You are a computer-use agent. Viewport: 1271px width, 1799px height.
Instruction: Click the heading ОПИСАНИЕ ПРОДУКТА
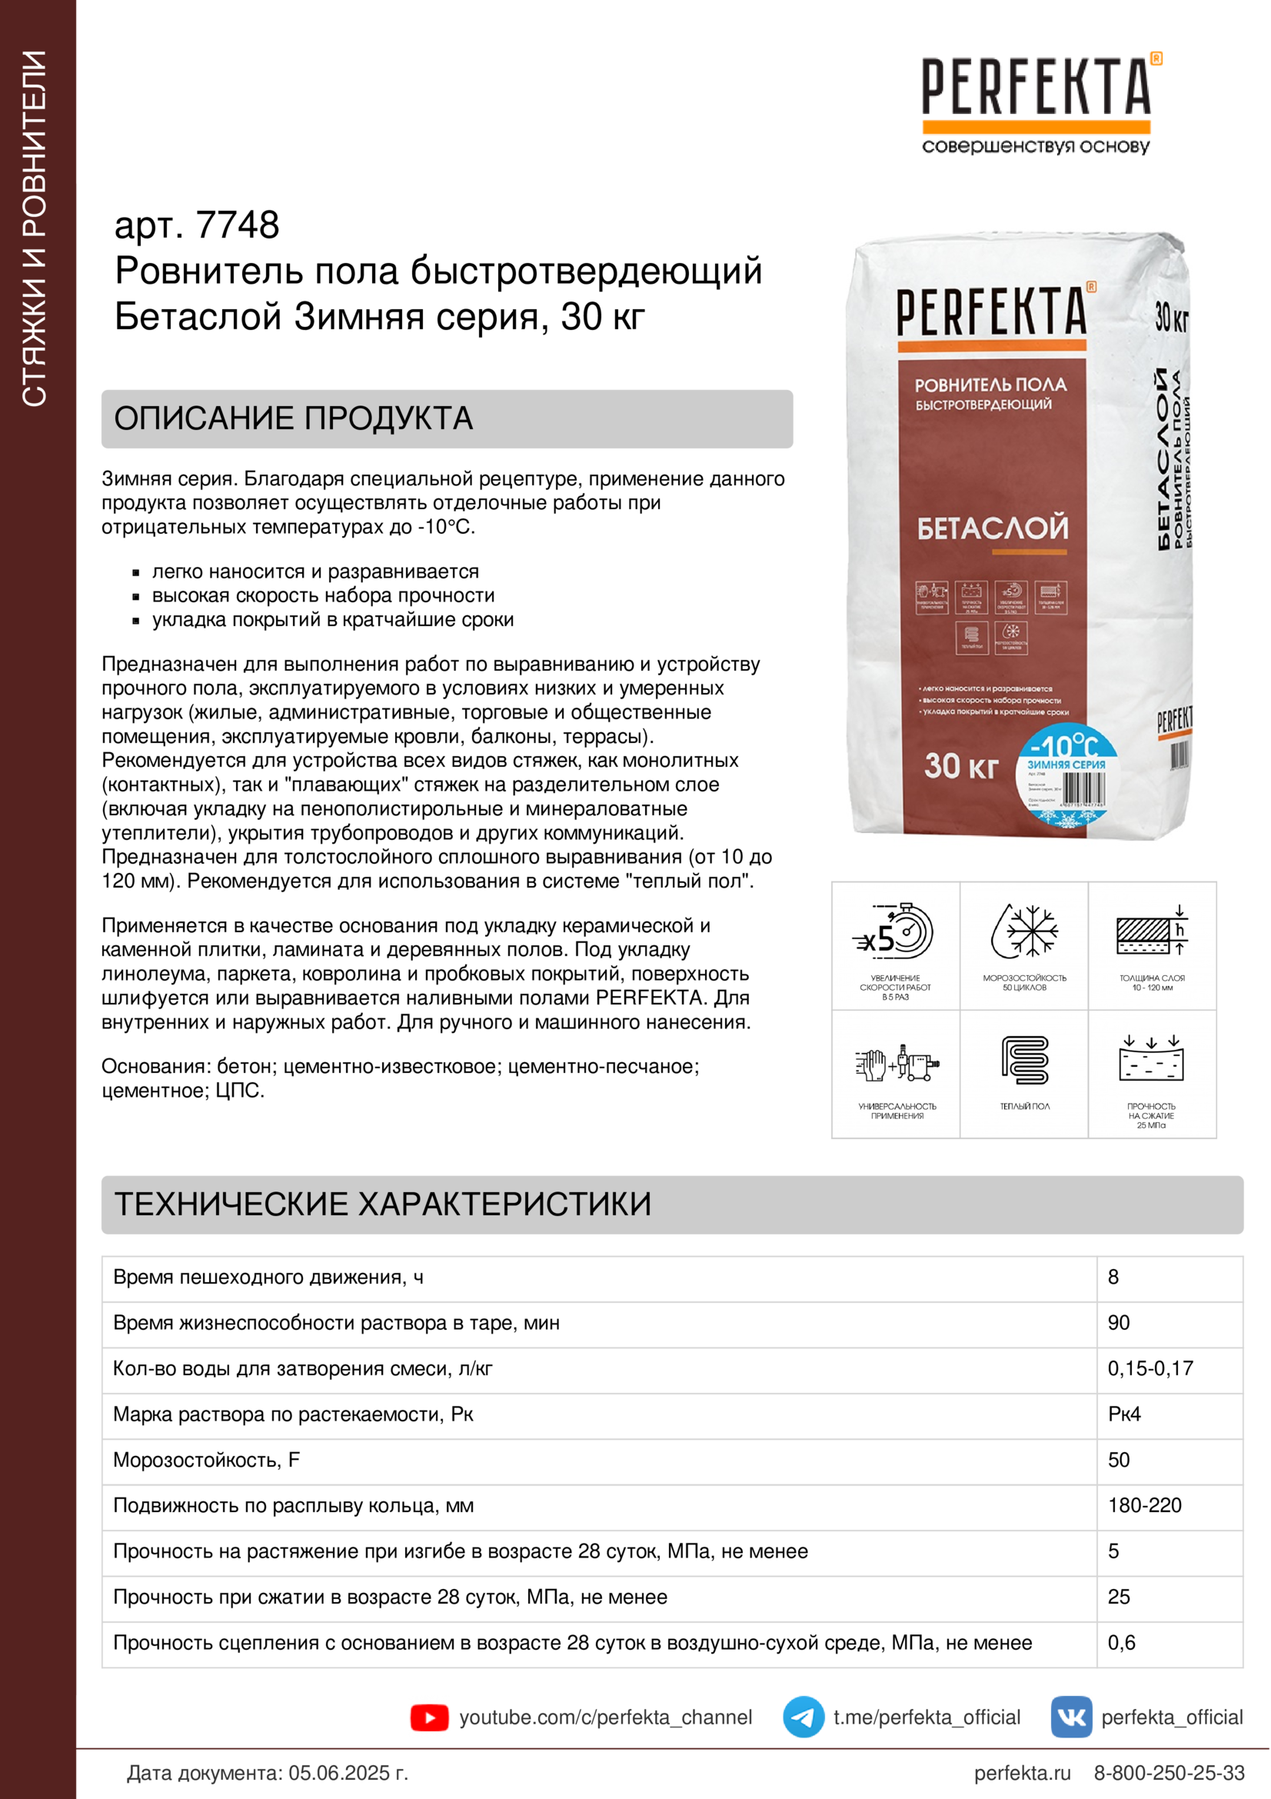coord(294,418)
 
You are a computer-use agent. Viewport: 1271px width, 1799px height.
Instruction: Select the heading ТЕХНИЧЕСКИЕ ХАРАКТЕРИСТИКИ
coord(383,1204)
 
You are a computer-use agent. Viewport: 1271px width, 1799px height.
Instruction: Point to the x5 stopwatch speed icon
coord(895,931)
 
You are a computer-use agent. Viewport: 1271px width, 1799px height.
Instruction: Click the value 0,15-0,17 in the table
coord(1150,1368)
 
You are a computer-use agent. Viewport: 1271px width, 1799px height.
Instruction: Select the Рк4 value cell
coord(1124,1414)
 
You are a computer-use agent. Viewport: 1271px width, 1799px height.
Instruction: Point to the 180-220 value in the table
coord(1144,1505)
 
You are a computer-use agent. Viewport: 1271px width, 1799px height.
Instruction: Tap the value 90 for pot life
coord(1118,1323)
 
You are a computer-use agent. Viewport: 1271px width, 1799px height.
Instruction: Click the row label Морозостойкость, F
coord(207,1460)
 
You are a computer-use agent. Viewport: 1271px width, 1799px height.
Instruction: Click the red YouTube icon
coord(429,1717)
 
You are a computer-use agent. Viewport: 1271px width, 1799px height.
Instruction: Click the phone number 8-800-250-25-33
coord(1169,1772)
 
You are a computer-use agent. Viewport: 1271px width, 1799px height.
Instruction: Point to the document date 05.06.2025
coord(348,1772)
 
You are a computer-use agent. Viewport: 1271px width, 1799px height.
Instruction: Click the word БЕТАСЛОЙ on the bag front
coord(992,528)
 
